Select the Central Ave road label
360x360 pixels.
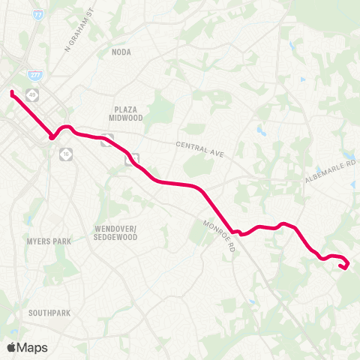(200, 148)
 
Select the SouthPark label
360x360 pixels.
(49, 311)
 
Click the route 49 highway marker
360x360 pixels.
(33, 94)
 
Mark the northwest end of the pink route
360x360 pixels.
(12, 93)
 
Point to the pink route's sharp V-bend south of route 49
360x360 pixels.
(51, 137)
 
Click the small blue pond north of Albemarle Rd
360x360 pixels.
(261, 130)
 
